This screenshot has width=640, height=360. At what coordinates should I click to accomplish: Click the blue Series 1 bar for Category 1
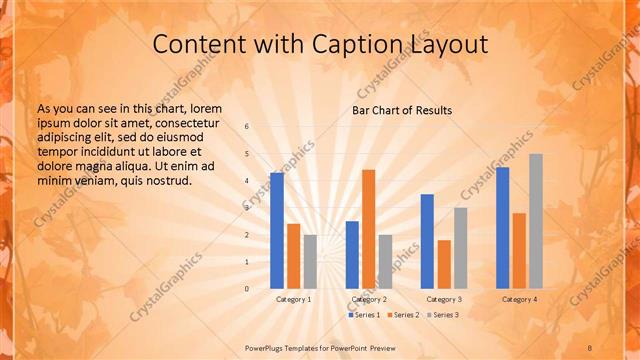pyautogui.click(x=277, y=231)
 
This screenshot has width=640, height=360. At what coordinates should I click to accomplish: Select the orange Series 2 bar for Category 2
pyautogui.click(x=369, y=229)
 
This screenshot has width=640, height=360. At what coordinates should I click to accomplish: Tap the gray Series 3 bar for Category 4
pyautogui.click(x=536, y=221)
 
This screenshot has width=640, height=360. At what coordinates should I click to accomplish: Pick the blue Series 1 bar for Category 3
pyautogui.click(x=427, y=241)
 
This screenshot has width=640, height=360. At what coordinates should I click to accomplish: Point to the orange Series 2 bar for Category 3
pyautogui.click(x=444, y=264)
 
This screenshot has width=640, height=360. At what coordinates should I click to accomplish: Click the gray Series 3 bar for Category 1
pyautogui.click(x=310, y=261)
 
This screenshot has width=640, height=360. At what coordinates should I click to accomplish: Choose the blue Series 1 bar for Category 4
pyautogui.click(x=503, y=228)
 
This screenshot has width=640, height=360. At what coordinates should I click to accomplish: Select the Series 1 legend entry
pyautogui.click(x=366, y=315)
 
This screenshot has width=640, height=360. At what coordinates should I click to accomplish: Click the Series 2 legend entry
pyautogui.click(x=403, y=315)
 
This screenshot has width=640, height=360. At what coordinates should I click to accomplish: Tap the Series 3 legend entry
pyautogui.click(x=443, y=315)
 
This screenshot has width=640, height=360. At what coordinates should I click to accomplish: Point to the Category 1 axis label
pyautogui.click(x=293, y=299)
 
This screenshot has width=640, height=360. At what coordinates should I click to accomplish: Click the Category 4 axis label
pyautogui.click(x=519, y=299)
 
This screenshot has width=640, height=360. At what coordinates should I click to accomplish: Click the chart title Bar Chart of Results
pyautogui.click(x=401, y=110)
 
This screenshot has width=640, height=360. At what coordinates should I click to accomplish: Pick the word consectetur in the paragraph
pyautogui.click(x=184, y=123)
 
